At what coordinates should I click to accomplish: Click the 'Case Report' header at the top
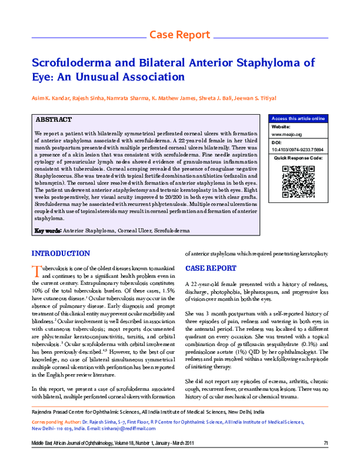click(179, 34)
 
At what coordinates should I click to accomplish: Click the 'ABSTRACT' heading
click(54, 120)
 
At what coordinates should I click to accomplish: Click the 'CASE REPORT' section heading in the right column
click(210, 268)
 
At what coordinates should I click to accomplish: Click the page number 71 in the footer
click(326, 459)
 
